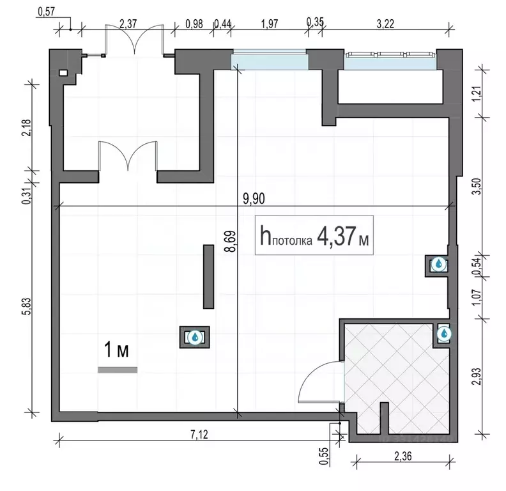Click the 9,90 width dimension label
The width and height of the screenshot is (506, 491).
(254, 199)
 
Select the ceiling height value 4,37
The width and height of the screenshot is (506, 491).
(337, 236)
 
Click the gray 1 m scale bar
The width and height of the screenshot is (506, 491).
(118, 370)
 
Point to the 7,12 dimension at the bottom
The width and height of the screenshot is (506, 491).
(199, 435)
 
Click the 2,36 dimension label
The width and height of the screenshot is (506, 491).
(402, 456)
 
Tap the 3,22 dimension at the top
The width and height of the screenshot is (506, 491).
(385, 24)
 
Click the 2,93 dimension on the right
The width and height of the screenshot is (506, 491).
(477, 376)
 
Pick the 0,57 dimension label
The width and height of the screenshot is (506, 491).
(47, 12)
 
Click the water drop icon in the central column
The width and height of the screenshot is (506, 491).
(195, 337)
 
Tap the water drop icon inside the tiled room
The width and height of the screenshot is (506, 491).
(444, 333)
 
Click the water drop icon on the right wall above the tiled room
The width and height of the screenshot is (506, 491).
(438, 264)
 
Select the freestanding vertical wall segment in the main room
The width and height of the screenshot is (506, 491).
(208, 277)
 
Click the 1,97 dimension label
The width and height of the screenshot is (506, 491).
(270, 24)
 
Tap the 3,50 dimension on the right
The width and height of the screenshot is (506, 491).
(477, 187)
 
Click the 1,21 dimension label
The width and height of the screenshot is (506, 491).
(477, 94)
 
